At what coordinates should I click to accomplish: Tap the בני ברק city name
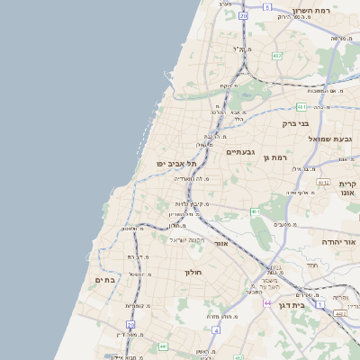pyautogui.click(x=295, y=123)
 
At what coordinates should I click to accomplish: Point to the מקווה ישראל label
pyautogui.click(x=188, y=239)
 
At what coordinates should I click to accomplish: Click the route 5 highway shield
pyautogui.click(x=267, y=7)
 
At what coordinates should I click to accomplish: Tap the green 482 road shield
pyautogui.click(x=277, y=56)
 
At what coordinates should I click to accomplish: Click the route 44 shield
pyautogui.click(x=267, y=303)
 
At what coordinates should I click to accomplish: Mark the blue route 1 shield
pyautogui.click(x=319, y=293)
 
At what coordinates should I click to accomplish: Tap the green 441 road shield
pyautogui.click(x=163, y=346)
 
